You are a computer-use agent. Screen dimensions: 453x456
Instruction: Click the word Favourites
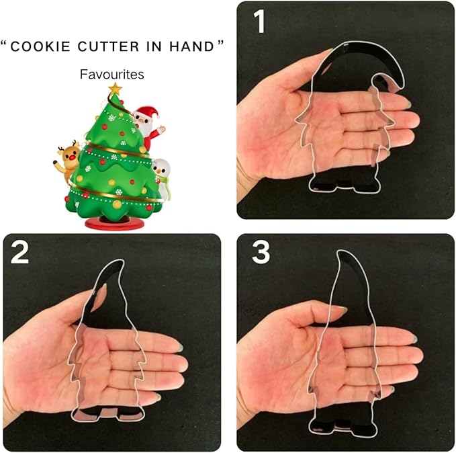(x=112, y=74)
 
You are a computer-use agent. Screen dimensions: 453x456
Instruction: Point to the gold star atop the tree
(x=115, y=88)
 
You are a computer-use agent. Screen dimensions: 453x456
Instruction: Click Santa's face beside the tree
(x=143, y=120)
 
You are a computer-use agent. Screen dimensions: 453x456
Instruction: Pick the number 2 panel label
(x=19, y=252)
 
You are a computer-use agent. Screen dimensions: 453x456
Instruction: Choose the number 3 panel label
(x=261, y=252)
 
